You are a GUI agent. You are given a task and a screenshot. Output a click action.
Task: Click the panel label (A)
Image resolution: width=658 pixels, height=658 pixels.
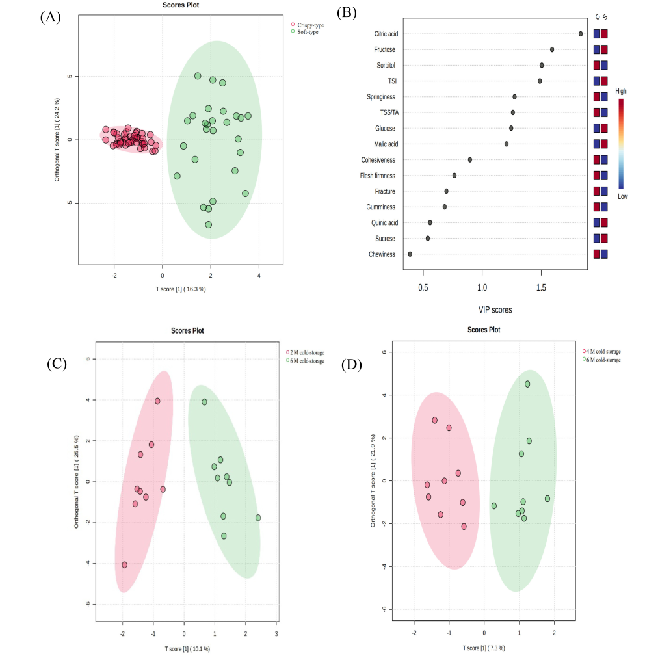tap(50, 18)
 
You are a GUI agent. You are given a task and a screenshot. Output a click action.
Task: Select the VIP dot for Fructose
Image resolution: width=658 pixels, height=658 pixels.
tap(552, 49)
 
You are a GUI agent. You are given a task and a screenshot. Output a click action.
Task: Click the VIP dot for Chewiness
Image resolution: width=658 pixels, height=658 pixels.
tap(410, 254)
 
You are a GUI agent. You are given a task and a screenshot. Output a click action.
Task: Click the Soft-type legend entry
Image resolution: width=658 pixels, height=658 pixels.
tap(308, 31)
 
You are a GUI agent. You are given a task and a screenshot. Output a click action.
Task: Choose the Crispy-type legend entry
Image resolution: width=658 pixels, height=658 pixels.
tap(308, 25)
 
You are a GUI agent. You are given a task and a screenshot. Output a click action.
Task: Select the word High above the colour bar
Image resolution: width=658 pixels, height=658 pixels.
tap(621, 92)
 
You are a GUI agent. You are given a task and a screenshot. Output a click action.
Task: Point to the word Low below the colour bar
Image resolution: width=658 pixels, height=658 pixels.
tap(622, 196)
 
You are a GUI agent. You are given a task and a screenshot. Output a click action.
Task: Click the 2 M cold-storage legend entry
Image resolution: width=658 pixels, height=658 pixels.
tap(305, 352)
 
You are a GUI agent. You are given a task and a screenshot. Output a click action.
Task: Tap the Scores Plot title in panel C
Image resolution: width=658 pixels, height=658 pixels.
tap(187, 330)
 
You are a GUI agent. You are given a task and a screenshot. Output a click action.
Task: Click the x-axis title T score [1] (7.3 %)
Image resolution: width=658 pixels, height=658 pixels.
tap(484, 648)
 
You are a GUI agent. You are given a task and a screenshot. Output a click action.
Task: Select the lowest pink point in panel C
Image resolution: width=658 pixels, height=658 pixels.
tap(124, 565)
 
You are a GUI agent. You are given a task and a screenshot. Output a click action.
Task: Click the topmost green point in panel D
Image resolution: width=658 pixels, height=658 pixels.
tap(527, 384)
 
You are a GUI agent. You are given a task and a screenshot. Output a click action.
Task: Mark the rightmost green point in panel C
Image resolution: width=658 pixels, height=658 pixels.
tap(258, 518)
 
